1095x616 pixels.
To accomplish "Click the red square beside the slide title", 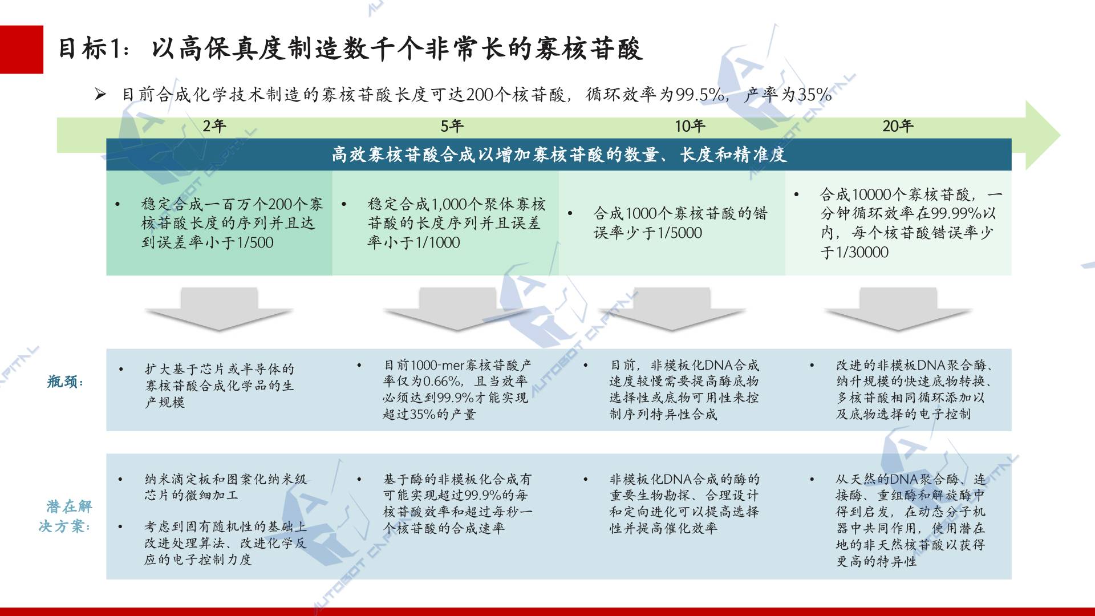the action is (x=21, y=50).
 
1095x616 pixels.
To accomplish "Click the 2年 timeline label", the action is (x=214, y=126).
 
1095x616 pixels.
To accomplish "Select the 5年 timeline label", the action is (x=452, y=126).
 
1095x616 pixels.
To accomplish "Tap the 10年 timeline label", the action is (x=690, y=126).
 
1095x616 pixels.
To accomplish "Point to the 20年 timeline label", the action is (x=898, y=126).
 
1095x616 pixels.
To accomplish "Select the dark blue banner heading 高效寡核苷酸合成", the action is (x=559, y=155).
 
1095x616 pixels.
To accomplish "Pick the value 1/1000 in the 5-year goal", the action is (x=437, y=242).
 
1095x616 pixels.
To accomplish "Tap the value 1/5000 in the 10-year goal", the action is (x=679, y=233).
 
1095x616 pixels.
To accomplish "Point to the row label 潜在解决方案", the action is (x=65, y=516).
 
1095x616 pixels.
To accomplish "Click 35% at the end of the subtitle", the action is (x=814, y=94).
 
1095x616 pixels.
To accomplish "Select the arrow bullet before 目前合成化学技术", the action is (x=100, y=94).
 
